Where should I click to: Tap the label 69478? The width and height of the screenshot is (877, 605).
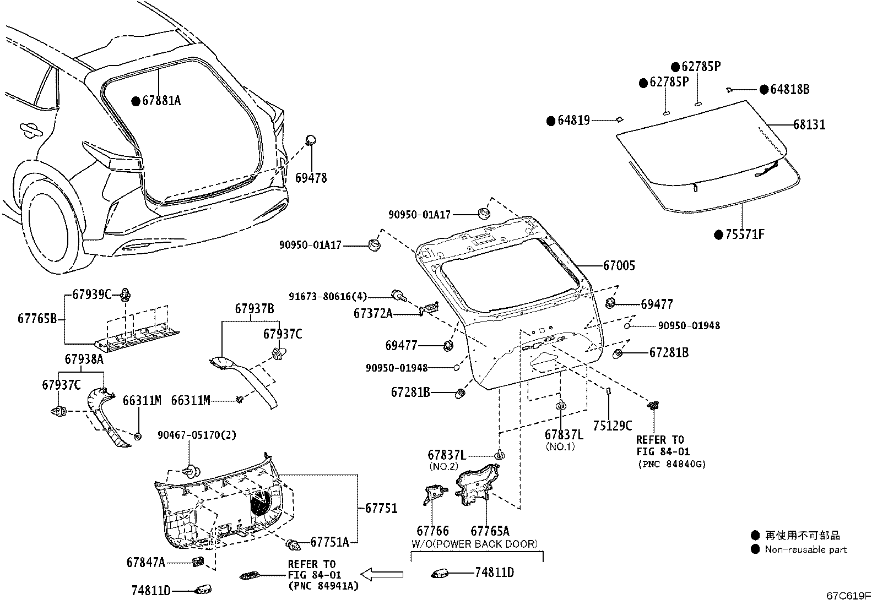pyautogui.click(x=311, y=178)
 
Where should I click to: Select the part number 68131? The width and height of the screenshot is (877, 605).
pyautogui.click(x=809, y=125)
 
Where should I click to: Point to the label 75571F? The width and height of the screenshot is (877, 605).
pyautogui.click(x=745, y=235)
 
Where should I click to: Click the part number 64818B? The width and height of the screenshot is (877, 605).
pyautogui.click(x=789, y=90)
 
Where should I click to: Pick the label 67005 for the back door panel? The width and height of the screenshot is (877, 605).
pyautogui.click(x=619, y=265)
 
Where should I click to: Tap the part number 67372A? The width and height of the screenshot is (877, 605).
pyautogui.click(x=373, y=313)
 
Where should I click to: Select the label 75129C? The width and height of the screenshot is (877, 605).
pyautogui.click(x=613, y=426)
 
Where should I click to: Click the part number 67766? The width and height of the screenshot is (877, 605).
pyautogui.click(x=432, y=531)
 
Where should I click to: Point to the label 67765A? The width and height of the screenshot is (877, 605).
pyautogui.click(x=490, y=531)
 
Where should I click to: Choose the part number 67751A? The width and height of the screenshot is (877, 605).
pyautogui.click(x=329, y=542)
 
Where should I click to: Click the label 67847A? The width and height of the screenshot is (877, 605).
pyautogui.click(x=145, y=562)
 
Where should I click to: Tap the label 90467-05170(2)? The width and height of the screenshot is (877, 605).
pyautogui.click(x=197, y=435)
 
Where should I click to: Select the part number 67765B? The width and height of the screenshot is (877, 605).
pyautogui.click(x=37, y=318)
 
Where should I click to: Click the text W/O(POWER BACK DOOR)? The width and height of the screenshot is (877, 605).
pyautogui.click(x=474, y=544)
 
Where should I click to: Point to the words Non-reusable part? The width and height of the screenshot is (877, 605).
pyautogui.click(x=805, y=549)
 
